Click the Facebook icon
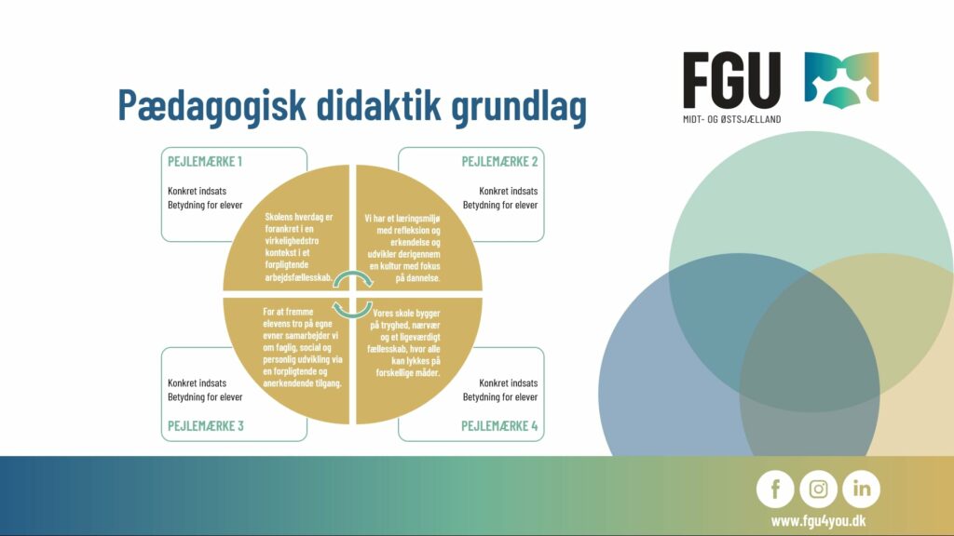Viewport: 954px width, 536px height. [775, 489]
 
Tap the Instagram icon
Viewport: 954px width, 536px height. [818, 489]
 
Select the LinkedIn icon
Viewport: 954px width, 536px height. [862, 489]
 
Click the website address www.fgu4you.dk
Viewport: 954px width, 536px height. [818, 521]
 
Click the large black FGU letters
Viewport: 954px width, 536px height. [732, 80]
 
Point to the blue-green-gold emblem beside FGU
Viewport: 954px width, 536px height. [841, 80]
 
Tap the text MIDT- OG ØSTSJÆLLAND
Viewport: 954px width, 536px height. [732, 119]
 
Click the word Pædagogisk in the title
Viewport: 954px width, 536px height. [211, 106]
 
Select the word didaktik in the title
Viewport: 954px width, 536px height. [378, 104]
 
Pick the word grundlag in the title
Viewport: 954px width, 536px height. [519, 107]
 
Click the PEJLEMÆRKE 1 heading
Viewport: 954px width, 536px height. [205, 162]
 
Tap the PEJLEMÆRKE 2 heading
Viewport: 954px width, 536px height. [499, 162]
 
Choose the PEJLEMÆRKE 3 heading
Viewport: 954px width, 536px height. [206, 426]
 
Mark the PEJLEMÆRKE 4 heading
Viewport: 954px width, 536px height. [499, 426]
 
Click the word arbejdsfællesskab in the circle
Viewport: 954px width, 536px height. [299, 277]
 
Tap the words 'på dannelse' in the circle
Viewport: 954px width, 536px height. [418, 277]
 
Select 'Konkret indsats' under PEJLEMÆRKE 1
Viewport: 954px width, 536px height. [198, 191]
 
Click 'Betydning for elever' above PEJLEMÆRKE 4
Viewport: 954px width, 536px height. [500, 396]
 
